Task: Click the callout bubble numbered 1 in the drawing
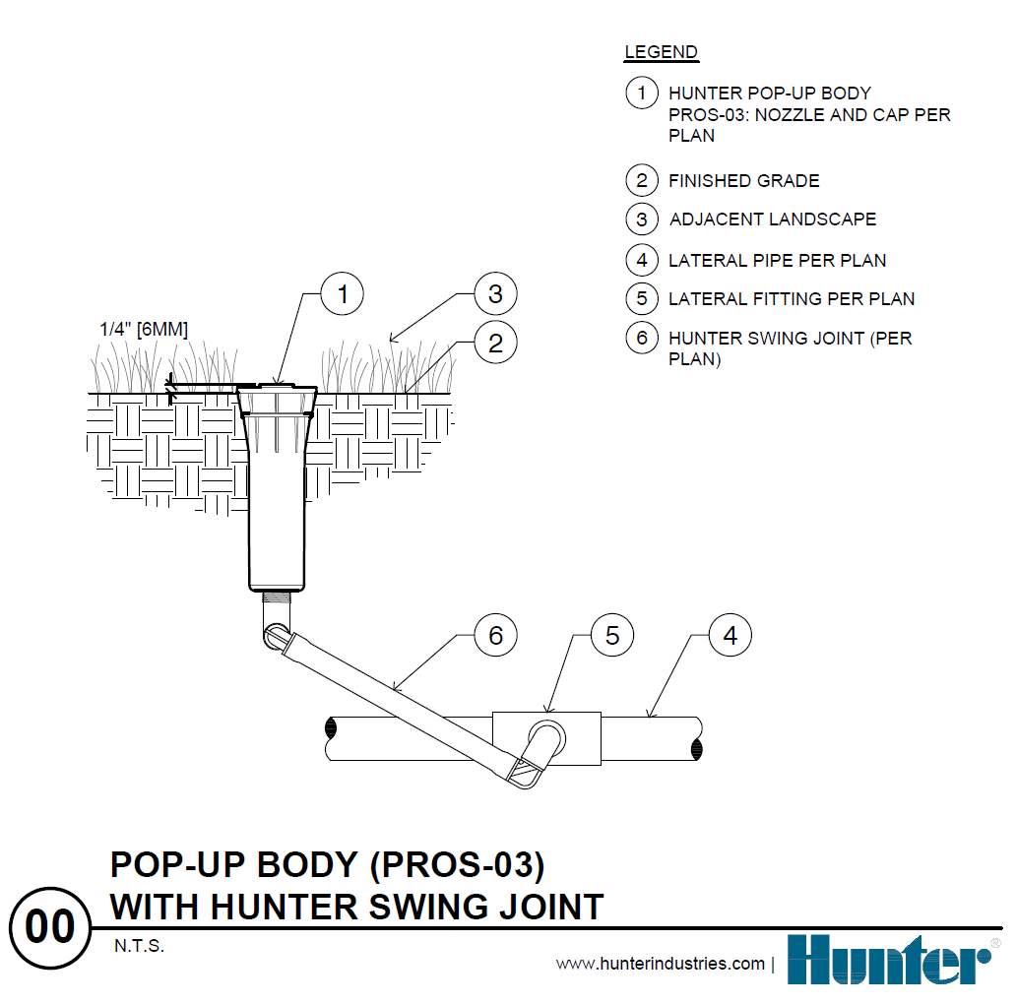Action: tap(343, 293)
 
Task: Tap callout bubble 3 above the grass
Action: tap(495, 293)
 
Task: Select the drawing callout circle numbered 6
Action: tap(495, 636)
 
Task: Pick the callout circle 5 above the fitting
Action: tap(612, 636)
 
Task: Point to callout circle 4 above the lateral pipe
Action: tap(730, 636)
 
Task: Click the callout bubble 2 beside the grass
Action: tap(495, 343)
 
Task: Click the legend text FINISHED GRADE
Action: tap(743, 181)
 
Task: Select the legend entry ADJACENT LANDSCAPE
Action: tap(772, 220)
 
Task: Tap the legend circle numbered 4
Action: tap(642, 260)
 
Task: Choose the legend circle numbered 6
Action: tap(642, 338)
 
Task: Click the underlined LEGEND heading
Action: tap(661, 52)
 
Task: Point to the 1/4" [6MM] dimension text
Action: tap(144, 329)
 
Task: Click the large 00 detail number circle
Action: tap(49, 927)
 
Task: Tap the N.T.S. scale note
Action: tap(138, 947)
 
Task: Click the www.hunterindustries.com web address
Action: tap(660, 964)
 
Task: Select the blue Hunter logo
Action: tap(888, 960)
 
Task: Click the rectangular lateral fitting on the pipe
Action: tap(581, 738)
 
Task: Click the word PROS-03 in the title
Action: tap(463, 864)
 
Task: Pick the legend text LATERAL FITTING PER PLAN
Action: tap(792, 299)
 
